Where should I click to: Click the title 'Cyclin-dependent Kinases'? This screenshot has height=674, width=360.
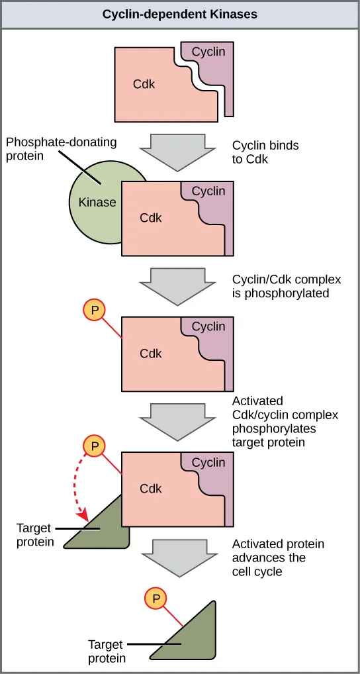pos(180,14)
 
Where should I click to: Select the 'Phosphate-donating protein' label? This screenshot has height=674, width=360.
pos(61,149)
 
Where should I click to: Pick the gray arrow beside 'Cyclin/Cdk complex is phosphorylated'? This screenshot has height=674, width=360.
pos(179,285)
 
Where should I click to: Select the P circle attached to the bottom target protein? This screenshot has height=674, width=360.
pos(156,599)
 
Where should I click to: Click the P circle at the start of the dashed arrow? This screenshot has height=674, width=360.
pos(94,446)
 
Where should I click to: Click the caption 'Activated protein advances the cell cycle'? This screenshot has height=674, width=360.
pos(278,557)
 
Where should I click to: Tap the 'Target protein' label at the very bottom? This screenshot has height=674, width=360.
pos(107,650)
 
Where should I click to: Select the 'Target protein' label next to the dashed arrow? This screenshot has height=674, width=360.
pos(34,536)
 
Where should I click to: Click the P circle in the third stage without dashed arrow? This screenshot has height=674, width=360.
pos(94,311)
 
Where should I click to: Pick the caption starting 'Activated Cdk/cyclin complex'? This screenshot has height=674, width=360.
pos(285,421)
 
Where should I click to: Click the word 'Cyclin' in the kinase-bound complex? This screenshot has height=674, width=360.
pos(208,191)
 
